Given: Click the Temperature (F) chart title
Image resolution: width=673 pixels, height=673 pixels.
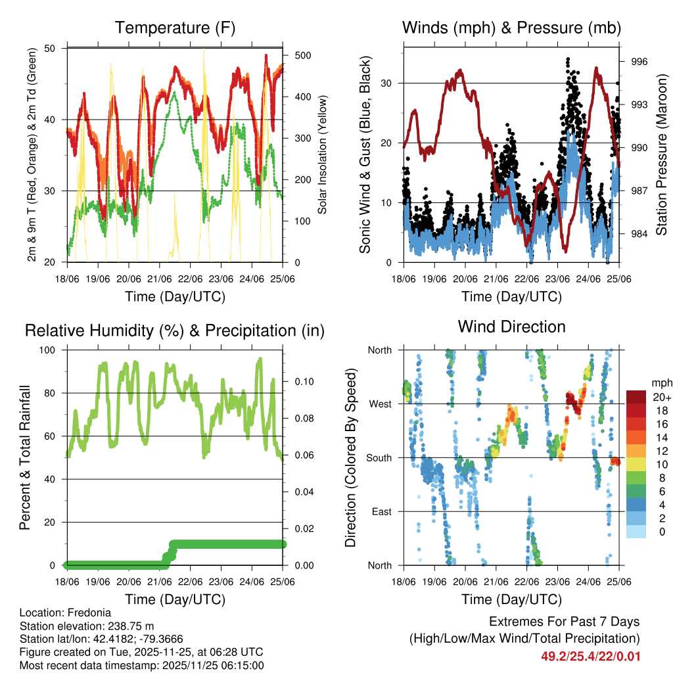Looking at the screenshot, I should [x=175, y=28].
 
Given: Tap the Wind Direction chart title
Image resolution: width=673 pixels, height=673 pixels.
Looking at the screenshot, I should [x=511, y=327].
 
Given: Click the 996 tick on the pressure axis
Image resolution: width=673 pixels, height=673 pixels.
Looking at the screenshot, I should [x=639, y=62].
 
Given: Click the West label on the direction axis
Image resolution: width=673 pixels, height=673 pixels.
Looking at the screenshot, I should [x=380, y=404].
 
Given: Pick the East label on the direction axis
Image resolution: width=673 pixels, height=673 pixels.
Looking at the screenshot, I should [x=381, y=511].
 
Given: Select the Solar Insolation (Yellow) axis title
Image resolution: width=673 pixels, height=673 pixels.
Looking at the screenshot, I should [x=323, y=154].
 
